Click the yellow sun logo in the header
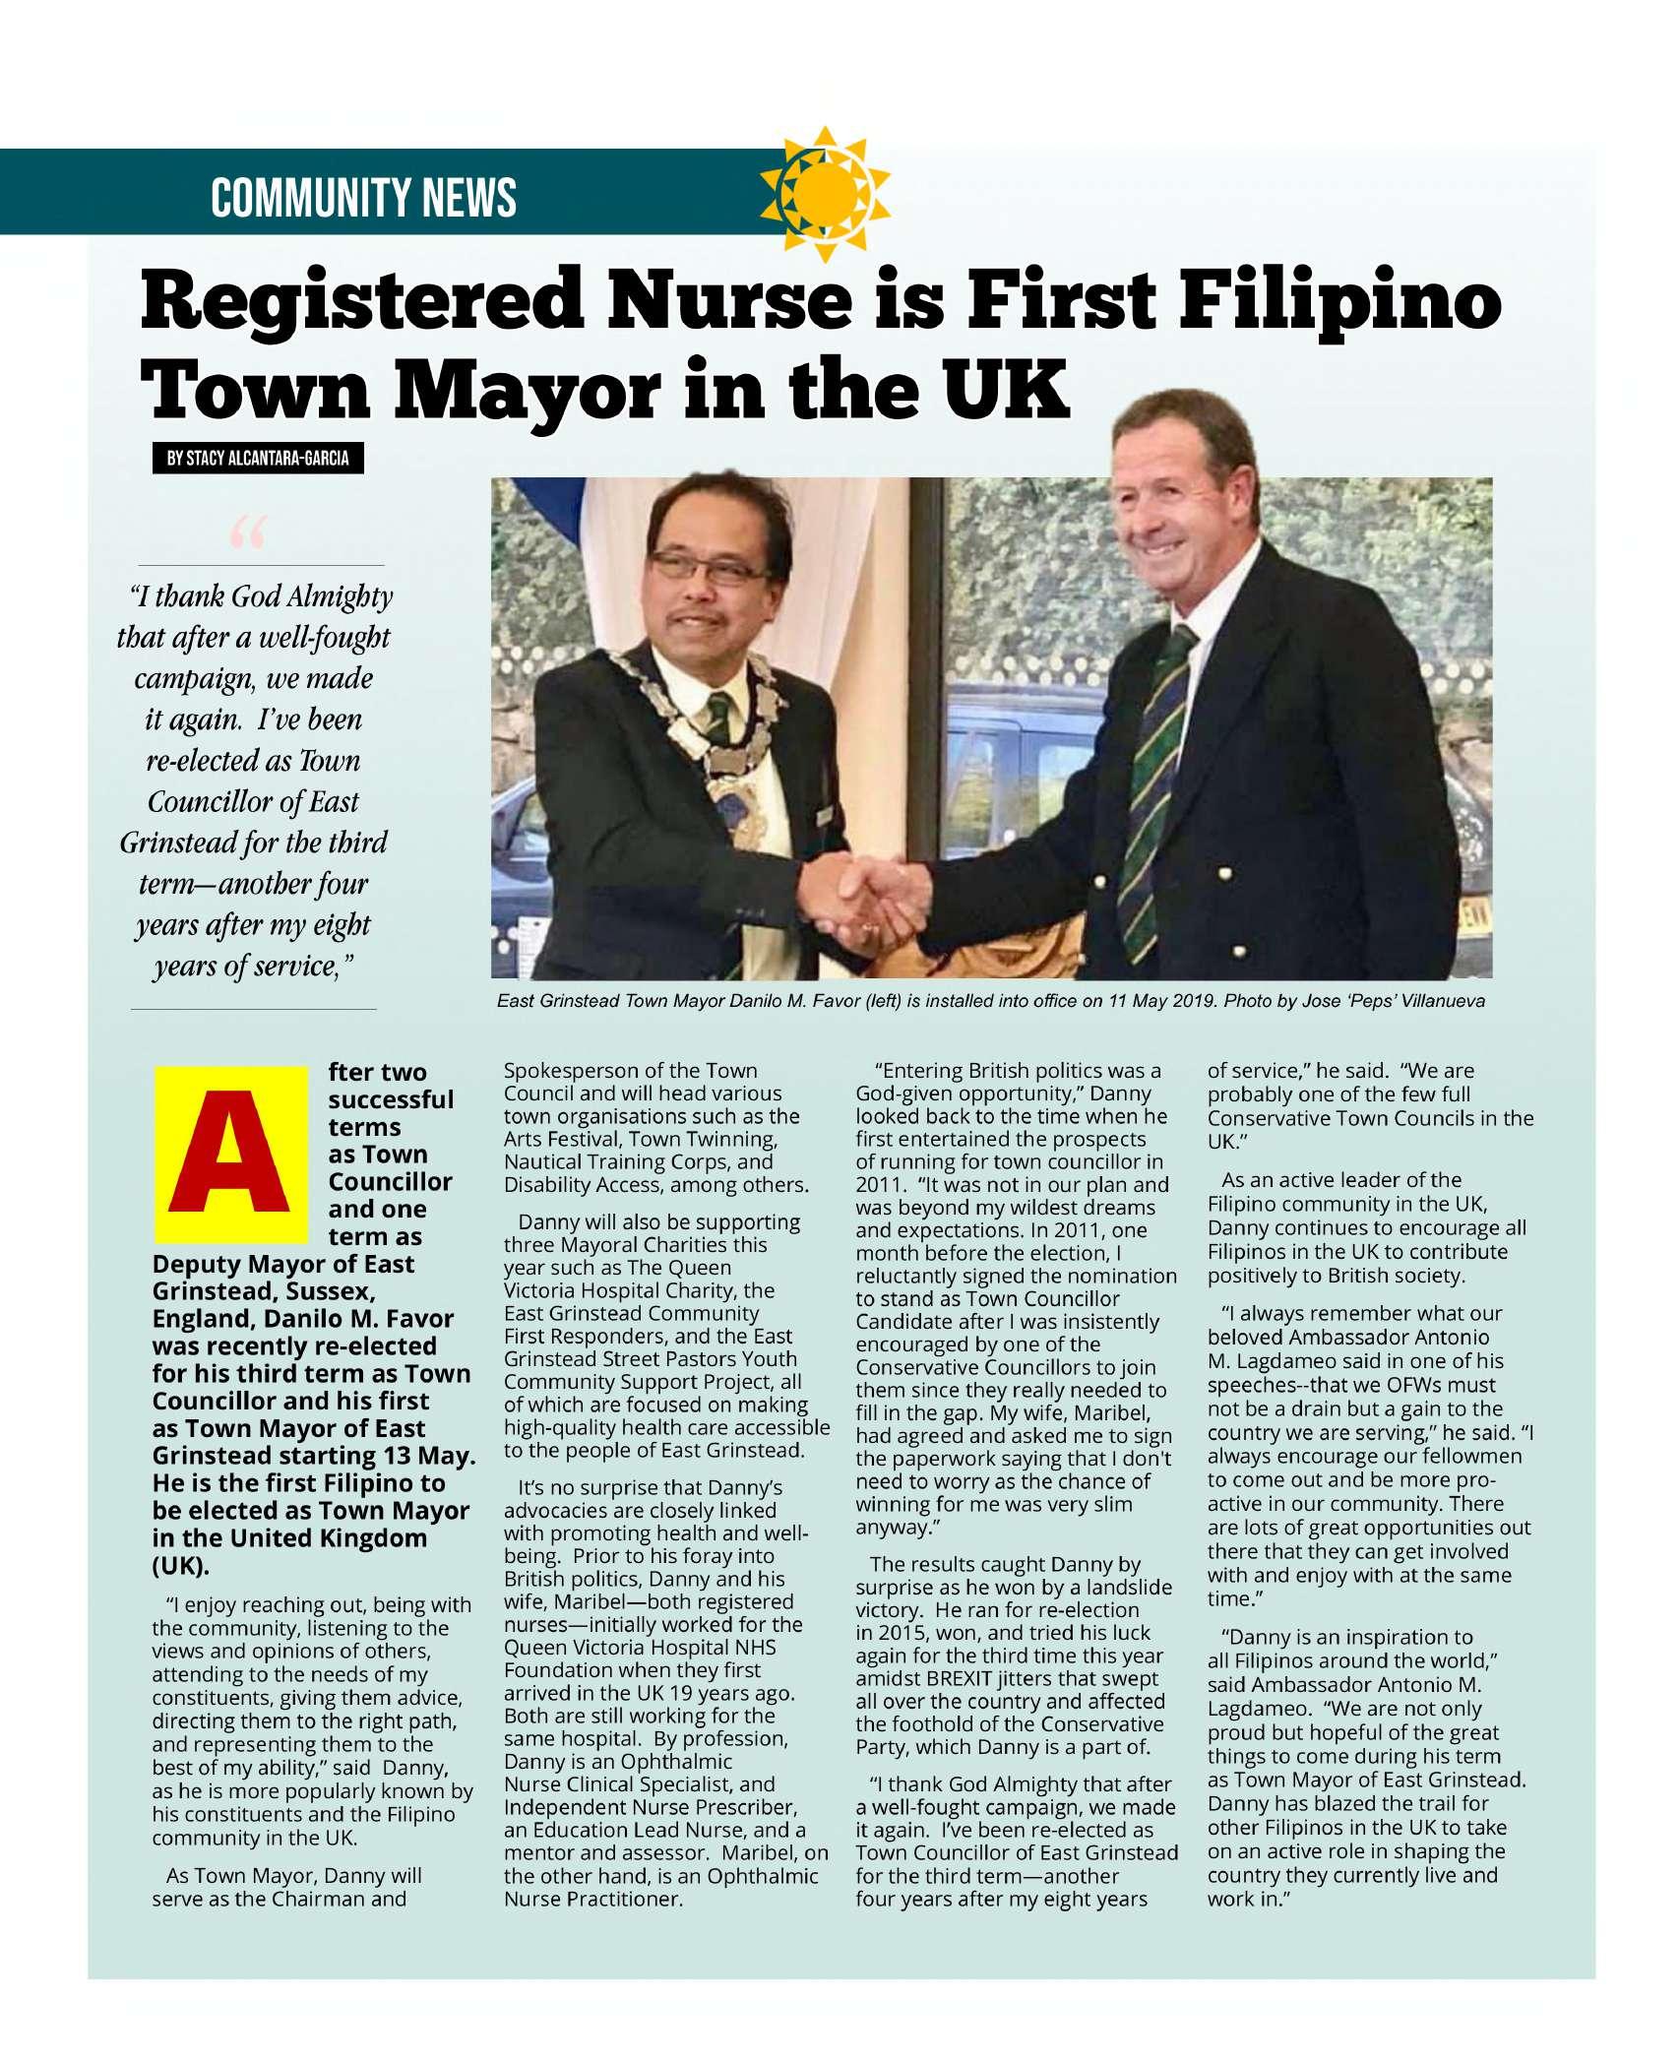[x=826, y=188]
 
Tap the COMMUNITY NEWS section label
[x=363, y=197]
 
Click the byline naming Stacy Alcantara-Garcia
[x=258, y=459]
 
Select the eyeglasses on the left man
[x=698, y=565]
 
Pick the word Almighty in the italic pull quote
[x=339, y=596]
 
